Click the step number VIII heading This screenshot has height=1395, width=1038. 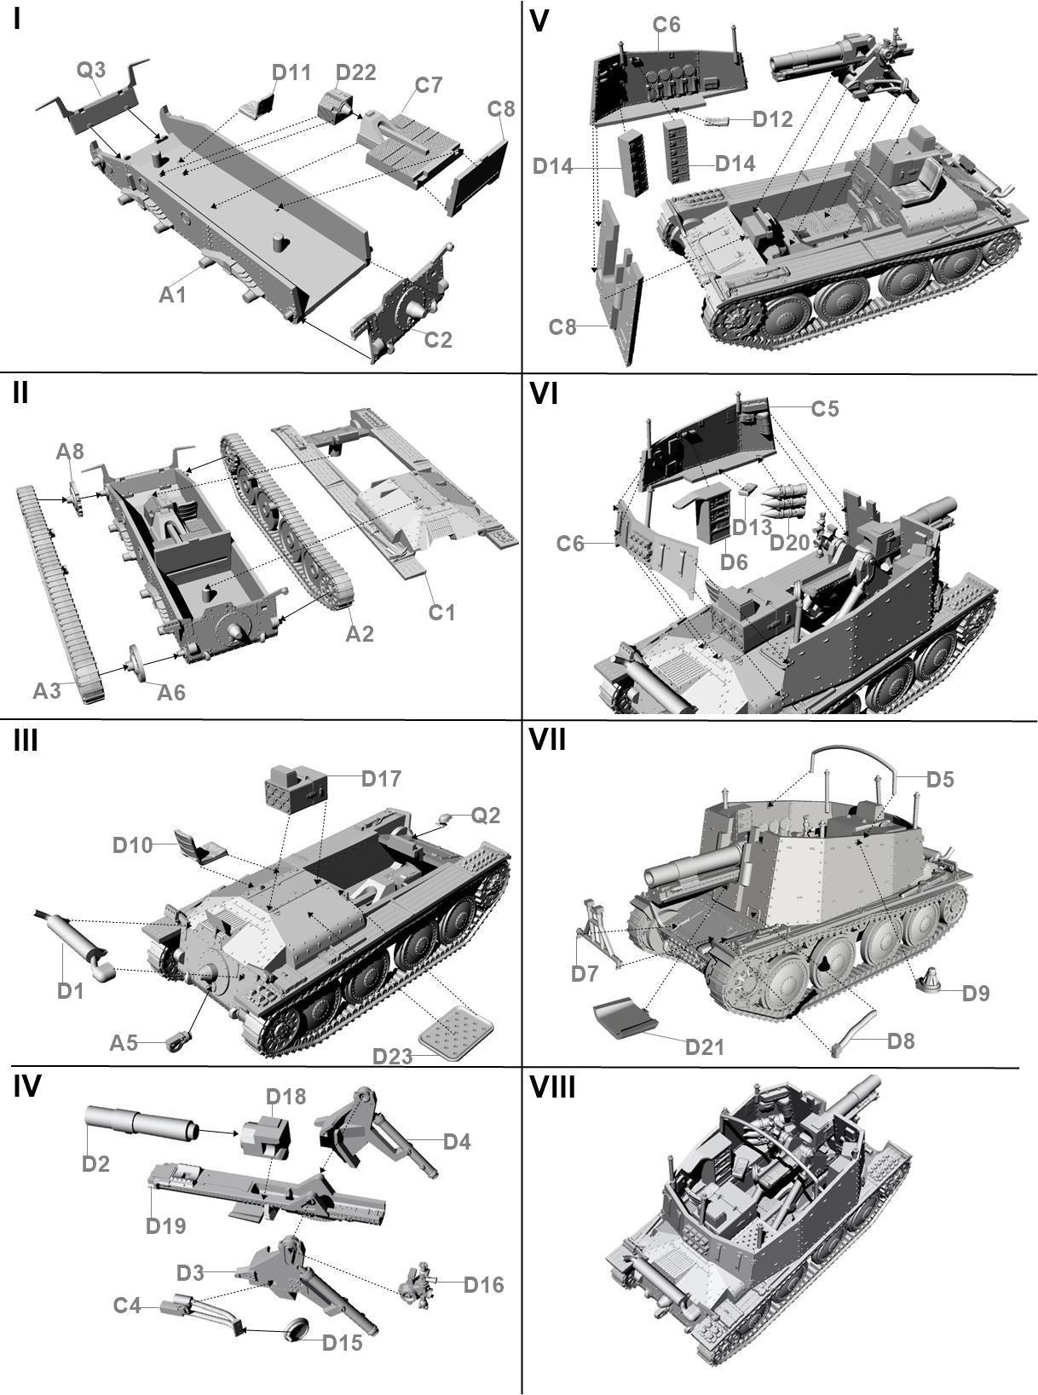[x=552, y=1088]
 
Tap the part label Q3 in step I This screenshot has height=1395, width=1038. [x=91, y=69]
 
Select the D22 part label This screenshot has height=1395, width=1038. [x=355, y=72]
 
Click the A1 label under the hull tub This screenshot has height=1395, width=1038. [x=173, y=295]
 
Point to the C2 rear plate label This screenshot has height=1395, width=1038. [x=438, y=339]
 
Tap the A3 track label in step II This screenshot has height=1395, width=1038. [x=47, y=690]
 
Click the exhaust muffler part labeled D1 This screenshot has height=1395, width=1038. [x=75, y=938]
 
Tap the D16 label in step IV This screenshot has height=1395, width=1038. [x=483, y=1284]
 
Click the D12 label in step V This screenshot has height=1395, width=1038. [x=773, y=119]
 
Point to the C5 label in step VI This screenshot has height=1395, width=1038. [x=824, y=409]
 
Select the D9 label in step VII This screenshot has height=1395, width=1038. [x=976, y=993]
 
